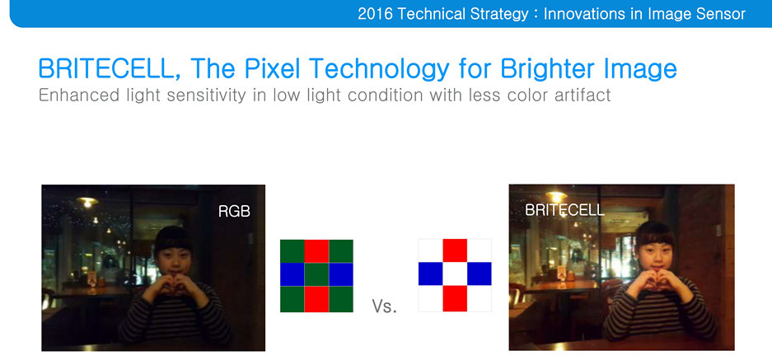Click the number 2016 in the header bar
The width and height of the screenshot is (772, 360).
(x=375, y=14)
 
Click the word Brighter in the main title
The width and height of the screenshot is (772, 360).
(x=547, y=68)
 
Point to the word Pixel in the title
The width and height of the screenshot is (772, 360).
(x=269, y=68)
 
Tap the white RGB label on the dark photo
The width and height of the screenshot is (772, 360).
(x=234, y=211)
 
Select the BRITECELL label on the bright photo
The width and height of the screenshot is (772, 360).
(x=564, y=210)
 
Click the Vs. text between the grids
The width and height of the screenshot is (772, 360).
(x=385, y=306)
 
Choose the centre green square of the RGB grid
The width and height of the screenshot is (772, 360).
(x=316, y=275)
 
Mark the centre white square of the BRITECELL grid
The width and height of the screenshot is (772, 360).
(x=455, y=274)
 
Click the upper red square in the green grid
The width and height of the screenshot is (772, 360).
(x=316, y=251)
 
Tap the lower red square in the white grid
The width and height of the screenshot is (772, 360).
(x=455, y=298)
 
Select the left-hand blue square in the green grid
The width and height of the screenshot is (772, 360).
(x=292, y=275)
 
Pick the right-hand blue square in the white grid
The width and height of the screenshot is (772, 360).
(x=479, y=274)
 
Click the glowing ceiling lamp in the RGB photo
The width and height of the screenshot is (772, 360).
(x=87, y=202)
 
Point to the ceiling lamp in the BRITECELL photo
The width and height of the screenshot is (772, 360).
(x=556, y=197)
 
